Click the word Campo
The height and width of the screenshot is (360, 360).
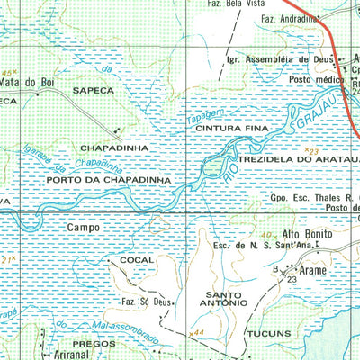83,229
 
